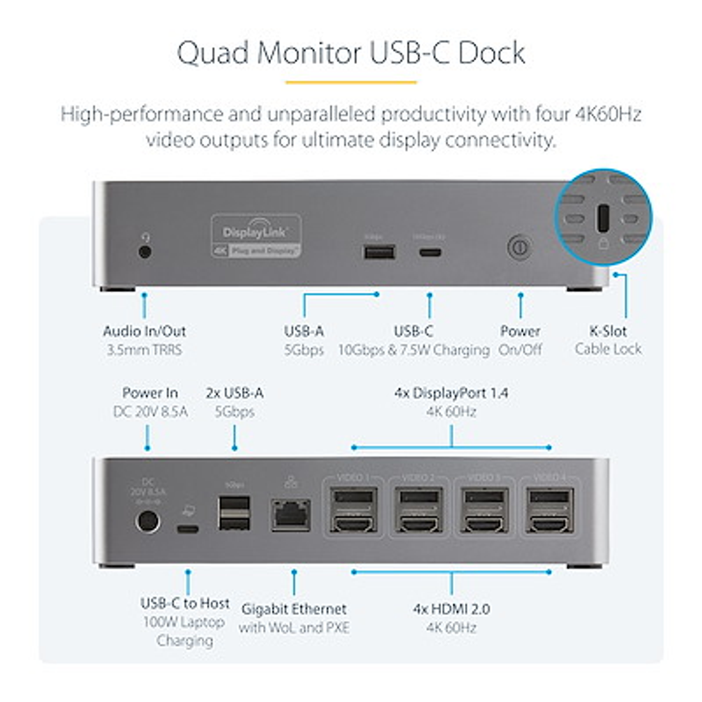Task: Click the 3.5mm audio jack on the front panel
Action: (x=146, y=252)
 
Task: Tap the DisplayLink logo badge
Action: (x=256, y=236)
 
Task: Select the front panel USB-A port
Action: (x=380, y=252)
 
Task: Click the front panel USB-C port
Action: (x=430, y=253)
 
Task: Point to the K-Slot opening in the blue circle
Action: (x=603, y=218)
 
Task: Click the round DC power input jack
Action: (x=147, y=521)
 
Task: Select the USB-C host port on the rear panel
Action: (x=188, y=529)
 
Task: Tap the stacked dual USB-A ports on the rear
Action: (x=234, y=513)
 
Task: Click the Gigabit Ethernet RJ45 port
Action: (x=291, y=515)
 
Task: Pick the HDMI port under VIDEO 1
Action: (x=353, y=524)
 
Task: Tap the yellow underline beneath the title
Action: (x=351, y=82)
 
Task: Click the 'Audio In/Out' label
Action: (x=144, y=331)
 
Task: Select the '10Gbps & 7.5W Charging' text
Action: (x=414, y=350)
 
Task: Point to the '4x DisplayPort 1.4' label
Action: (x=451, y=393)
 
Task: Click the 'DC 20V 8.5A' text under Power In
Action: (x=150, y=412)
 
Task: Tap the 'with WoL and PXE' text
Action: (x=294, y=628)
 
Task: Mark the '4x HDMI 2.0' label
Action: (x=451, y=609)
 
